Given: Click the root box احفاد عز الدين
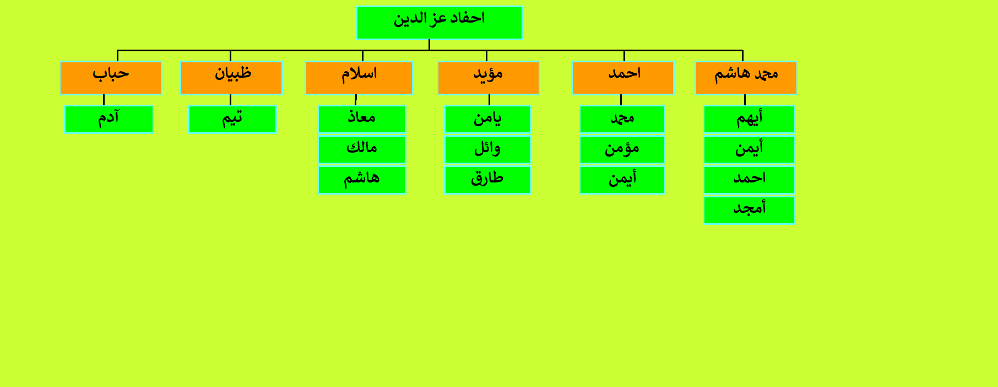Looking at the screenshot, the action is pos(439,23).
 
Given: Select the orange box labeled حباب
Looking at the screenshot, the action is pos(111,78).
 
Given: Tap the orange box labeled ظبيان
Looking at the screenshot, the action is pos(231,78).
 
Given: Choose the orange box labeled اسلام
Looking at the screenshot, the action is pos(359,78).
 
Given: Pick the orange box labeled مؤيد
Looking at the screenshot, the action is pos(489,78).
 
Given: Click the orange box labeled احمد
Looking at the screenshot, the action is pos(623,78).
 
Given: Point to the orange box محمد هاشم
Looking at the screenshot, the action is pos(746,78).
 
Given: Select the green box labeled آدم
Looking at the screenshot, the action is pos(109,119).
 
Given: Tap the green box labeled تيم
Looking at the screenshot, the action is pos(232,119).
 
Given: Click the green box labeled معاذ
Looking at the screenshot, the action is pos(362,119).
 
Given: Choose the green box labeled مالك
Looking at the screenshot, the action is pos(362,149).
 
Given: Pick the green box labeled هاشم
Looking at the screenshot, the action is pos(362,180).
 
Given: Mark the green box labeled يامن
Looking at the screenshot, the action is pos(488,119).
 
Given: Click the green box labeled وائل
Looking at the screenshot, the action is pos(488,149).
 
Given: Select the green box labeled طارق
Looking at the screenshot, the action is pos(488,180).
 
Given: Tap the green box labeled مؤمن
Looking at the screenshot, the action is pos(622,149).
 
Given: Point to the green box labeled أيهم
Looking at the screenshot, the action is pos(750,119).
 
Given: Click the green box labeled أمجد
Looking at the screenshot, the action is pos(750,210).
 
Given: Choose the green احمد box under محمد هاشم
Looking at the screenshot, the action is pos(750,180).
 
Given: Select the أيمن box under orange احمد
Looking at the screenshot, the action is pos(622,180).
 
